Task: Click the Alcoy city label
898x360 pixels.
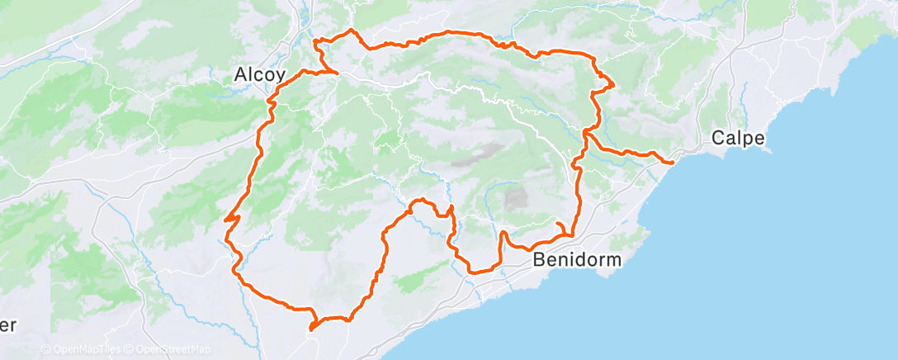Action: point(259,74)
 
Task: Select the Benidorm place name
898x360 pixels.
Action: point(578,259)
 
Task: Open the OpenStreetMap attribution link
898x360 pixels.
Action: point(171,350)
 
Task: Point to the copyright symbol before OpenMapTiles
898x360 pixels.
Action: point(45,350)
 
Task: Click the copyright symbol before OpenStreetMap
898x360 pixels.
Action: point(130,350)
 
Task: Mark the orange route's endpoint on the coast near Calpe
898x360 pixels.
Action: point(672,162)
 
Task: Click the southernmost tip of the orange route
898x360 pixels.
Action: point(311,329)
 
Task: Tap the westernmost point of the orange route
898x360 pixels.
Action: point(225,219)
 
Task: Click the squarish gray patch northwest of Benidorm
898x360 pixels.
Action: point(516,198)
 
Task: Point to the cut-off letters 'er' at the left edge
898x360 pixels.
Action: point(7,324)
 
